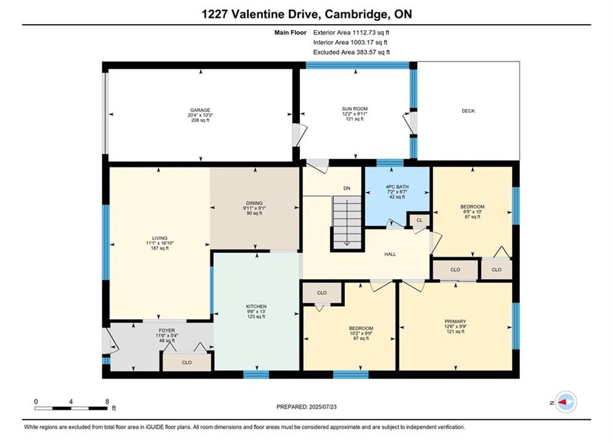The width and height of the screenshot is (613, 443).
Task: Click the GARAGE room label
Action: (200, 110)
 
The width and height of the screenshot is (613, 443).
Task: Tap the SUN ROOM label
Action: (355, 109)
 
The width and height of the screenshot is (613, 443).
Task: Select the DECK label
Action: (468, 111)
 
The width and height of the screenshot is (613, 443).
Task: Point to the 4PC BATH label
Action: (397, 187)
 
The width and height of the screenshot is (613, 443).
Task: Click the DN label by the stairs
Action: (347, 188)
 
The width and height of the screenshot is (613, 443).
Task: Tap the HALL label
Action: (390, 254)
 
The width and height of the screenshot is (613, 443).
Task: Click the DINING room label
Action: (254, 203)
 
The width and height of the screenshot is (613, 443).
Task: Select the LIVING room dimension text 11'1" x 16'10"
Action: (160, 243)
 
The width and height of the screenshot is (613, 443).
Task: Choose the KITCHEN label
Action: (256, 306)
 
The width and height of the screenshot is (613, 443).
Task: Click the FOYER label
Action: (166, 330)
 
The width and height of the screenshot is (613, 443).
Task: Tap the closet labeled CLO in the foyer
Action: (187, 362)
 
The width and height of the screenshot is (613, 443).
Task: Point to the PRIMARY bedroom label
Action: (455, 321)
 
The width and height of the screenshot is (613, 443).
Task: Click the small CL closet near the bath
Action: (420, 220)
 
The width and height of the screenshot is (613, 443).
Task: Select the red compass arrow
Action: (562, 402)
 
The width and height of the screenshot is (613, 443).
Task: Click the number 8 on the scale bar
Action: (107, 402)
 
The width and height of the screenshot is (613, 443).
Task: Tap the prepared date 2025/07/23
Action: (323, 407)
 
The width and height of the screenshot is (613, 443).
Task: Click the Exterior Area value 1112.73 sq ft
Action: (371, 33)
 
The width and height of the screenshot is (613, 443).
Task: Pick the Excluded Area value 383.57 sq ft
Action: (372, 52)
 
